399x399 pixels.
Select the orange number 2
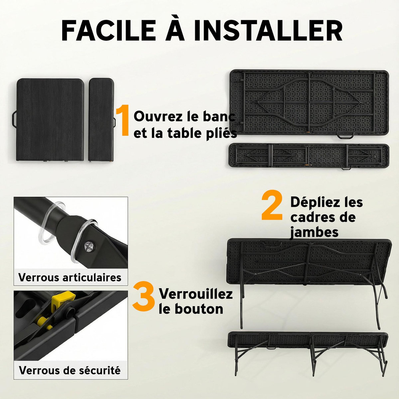click(x=272, y=205)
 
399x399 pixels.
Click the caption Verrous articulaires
click(x=70, y=277)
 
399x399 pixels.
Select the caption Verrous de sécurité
click(x=70, y=370)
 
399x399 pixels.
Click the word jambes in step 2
click(x=314, y=232)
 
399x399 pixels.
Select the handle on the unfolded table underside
click(x=345, y=136)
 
